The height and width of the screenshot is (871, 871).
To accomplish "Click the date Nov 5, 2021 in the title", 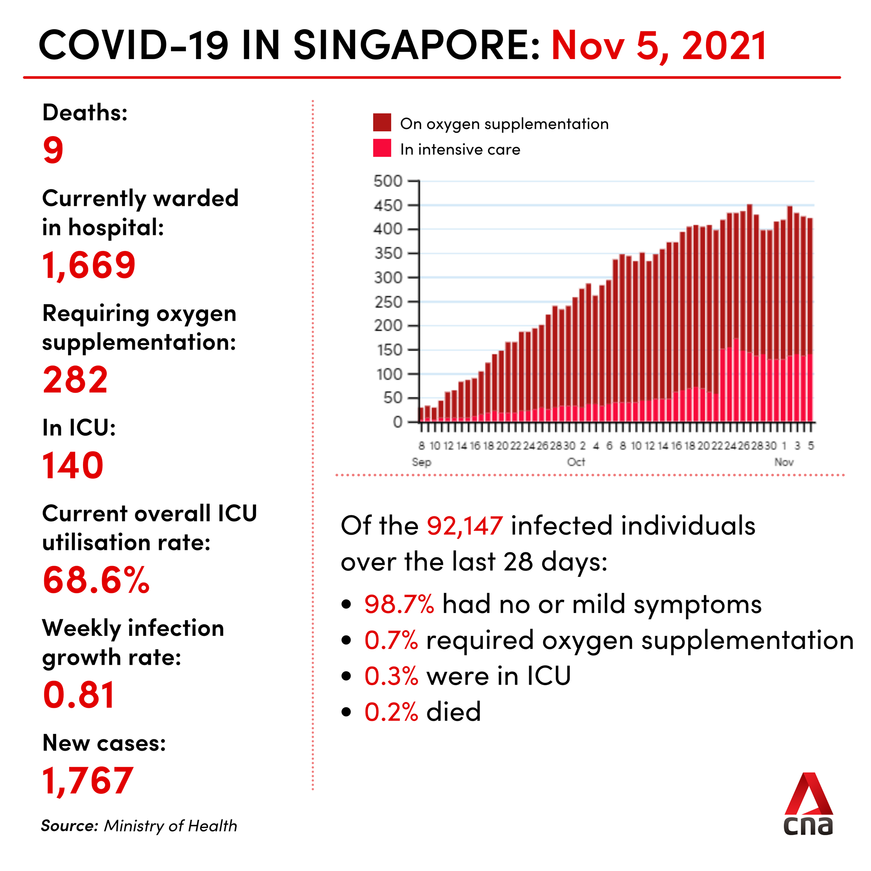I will [x=659, y=46].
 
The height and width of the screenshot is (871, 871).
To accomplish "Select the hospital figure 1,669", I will [x=89, y=265].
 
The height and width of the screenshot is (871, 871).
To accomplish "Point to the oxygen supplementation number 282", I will [x=75, y=380].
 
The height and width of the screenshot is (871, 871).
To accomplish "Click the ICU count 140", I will [x=73, y=465].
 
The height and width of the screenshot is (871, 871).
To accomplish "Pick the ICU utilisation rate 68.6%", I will [x=96, y=580].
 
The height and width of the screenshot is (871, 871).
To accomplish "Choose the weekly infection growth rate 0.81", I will [x=79, y=695].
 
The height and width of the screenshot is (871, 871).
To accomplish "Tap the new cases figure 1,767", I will [x=88, y=781].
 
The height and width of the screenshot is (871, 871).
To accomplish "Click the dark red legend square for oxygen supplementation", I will [x=382, y=122].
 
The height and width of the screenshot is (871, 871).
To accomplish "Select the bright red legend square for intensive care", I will [x=382, y=148].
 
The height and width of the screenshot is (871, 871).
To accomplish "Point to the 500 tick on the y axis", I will [x=388, y=181].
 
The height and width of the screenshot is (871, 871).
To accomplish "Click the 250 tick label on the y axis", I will [x=388, y=302].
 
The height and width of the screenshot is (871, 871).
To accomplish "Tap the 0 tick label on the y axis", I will [x=397, y=422].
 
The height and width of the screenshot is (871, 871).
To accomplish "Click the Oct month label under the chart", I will [x=576, y=462].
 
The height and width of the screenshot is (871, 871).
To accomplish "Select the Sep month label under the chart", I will [x=421, y=462].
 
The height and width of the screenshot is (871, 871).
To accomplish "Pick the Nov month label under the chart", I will [x=784, y=462].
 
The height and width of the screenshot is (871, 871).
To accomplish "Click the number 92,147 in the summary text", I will [x=464, y=526].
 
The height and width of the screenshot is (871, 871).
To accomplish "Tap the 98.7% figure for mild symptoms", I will [x=399, y=604].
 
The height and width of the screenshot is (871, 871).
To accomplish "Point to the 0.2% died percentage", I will [x=391, y=712].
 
